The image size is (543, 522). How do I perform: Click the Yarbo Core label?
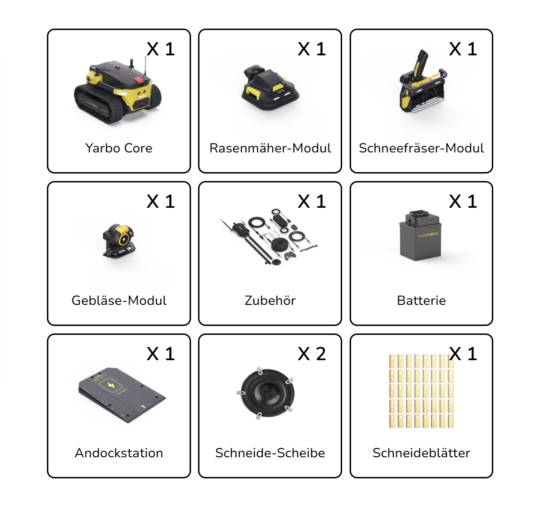[119, 148]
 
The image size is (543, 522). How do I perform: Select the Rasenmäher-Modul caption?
[270, 148]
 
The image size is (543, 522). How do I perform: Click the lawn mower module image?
[270, 88]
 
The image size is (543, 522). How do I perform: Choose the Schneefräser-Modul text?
[421, 148]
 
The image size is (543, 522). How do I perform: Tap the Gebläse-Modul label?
[119, 301]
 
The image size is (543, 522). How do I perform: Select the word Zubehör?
[270, 301]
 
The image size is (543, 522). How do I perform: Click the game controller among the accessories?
[290, 256]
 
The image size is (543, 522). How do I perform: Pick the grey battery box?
[421, 235]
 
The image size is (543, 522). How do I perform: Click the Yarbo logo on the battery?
[428, 235]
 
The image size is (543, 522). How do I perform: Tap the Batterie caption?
[421, 301]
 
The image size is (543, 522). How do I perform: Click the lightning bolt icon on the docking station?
[111, 385]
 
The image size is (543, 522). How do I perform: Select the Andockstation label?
[119, 453]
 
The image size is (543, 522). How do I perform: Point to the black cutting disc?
[267, 393]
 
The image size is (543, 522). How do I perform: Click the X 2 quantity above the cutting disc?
[312, 354]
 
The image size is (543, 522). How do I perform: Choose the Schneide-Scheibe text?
[270, 453]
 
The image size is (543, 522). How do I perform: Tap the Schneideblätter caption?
[421, 453]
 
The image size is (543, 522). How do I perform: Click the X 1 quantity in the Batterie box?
[463, 202]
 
